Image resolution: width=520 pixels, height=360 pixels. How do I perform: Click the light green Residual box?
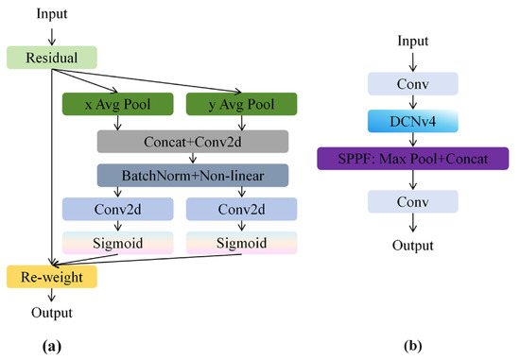click(x=52, y=58)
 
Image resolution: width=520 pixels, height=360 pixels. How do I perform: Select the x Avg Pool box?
click(x=118, y=104)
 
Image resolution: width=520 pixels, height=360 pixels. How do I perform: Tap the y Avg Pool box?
click(x=241, y=104)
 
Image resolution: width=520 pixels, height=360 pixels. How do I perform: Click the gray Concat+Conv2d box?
click(x=193, y=142)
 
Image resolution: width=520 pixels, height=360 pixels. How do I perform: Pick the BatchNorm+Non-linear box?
click(x=193, y=176)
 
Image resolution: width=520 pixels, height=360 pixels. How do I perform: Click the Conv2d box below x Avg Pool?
click(x=118, y=209)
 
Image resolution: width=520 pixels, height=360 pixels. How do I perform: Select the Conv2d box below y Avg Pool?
click(x=241, y=209)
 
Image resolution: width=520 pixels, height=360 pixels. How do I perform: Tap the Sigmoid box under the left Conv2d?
click(x=118, y=243)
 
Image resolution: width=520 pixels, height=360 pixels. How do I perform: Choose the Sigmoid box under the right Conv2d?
click(x=241, y=243)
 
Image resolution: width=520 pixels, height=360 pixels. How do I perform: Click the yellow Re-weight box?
click(x=52, y=277)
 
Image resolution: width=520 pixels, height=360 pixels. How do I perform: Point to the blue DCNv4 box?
click(x=413, y=121)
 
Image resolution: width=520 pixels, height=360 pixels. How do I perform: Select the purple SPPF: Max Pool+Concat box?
click(x=413, y=159)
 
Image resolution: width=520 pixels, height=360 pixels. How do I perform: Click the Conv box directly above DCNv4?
click(x=413, y=84)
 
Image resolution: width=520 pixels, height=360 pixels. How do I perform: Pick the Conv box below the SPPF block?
click(x=413, y=201)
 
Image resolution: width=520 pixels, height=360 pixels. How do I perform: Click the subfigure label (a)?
click(x=52, y=347)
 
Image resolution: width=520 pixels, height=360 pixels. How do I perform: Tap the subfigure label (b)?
click(x=413, y=347)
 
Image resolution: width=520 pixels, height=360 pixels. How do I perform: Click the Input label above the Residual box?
click(x=52, y=13)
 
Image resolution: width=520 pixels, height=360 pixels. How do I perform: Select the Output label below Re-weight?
click(x=52, y=313)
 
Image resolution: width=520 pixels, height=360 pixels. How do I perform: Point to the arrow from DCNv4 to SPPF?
click(x=413, y=140)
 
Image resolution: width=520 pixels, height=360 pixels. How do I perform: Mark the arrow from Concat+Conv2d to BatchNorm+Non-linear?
click(x=193, y=158)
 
